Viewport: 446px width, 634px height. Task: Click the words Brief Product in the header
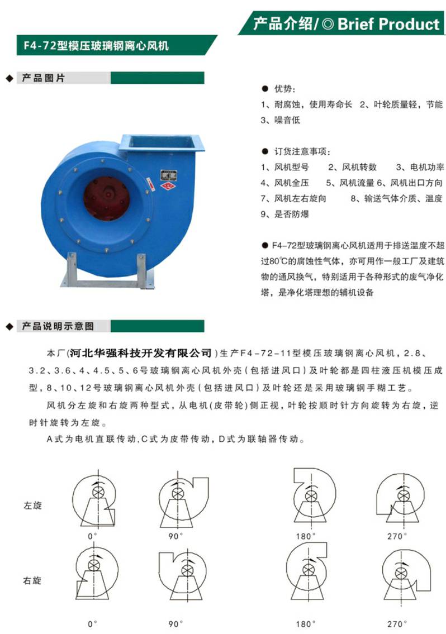pos(388,24)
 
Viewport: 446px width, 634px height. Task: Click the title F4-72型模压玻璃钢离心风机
pos(96,45)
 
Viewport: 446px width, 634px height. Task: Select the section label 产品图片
pos(43,78)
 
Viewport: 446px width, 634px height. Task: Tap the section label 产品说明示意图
pos(58,326)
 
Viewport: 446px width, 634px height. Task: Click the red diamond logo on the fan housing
pos(167,185)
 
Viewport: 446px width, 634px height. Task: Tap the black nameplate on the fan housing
pos(169,175)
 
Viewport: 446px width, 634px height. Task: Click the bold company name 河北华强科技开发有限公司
pos(140,353)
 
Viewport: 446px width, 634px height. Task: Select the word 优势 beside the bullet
pos(284,89)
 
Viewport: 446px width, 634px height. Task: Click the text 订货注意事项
pos(302,151)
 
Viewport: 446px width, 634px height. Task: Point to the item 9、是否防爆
pos(284,214)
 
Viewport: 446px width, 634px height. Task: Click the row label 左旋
pos(32,506)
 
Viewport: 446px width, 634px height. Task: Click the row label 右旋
pos(32,580)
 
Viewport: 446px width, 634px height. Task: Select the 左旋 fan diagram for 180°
pos(312,497)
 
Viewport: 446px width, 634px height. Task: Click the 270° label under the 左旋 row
pos(397,536)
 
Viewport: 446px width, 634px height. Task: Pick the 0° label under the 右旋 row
pos(93,624)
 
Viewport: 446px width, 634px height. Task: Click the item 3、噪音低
pos(281,120)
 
